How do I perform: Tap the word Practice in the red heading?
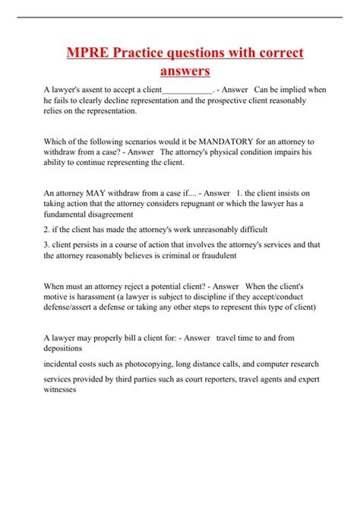coord(143,53)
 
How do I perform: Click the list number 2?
coord(47,230)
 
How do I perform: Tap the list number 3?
coord(47,245)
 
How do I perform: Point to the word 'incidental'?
coord(65,364)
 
